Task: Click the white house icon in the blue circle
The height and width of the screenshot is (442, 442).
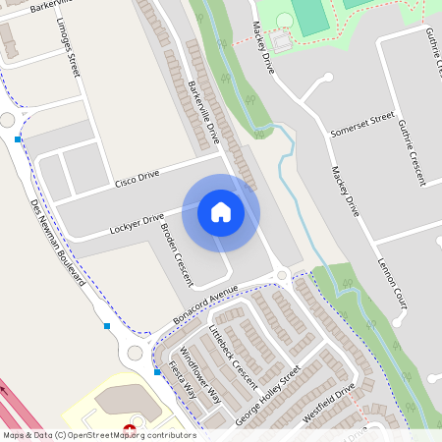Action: [x=221, y=211]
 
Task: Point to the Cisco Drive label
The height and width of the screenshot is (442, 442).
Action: [x=137, y=180]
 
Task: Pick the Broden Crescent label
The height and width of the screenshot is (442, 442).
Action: [x=177, y=252]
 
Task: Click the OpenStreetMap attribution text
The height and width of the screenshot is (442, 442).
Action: [x=99, y=434]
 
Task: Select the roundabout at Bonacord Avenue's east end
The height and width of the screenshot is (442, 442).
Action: [x=282, y=276]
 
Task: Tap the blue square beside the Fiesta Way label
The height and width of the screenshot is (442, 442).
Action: [x=157, y=372]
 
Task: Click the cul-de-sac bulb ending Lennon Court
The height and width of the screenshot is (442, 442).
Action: [x=399, y=320]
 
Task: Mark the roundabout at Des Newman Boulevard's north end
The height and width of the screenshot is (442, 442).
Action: [x=8, y=120]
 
